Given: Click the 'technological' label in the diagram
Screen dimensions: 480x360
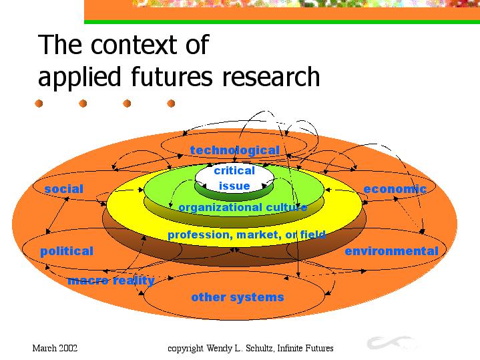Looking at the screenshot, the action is [x=234, y=150].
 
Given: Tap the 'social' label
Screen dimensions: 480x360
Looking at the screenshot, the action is [x=63, y=189].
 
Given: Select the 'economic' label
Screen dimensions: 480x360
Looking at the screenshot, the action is [x=395, y=189].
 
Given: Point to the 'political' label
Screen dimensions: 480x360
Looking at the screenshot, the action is [x=67, y=251].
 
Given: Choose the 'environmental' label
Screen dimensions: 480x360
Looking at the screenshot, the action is [x=391, y=251].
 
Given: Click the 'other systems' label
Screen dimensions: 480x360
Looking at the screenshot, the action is [x=238, y=297].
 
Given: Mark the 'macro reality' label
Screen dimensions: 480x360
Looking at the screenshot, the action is [x=111, y=281].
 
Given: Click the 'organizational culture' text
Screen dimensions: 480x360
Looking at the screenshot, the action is [x=243, y=208].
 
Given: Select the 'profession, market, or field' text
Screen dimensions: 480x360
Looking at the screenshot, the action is [x=246, y=234].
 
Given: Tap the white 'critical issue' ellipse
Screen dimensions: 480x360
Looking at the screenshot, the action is [x=234, y=178].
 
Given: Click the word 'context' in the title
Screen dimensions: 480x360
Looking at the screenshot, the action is [x=134, y=45].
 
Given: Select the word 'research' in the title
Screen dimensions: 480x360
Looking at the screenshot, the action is [x=271, y=76].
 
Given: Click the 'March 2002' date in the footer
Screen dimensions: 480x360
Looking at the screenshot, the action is [x=55, y=348].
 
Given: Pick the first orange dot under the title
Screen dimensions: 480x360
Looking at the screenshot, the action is [x=39, y=104].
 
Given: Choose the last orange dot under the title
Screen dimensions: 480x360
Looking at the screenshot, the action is [x=171, y=104].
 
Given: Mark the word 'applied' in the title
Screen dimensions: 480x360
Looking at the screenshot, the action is [x=79, y=77].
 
